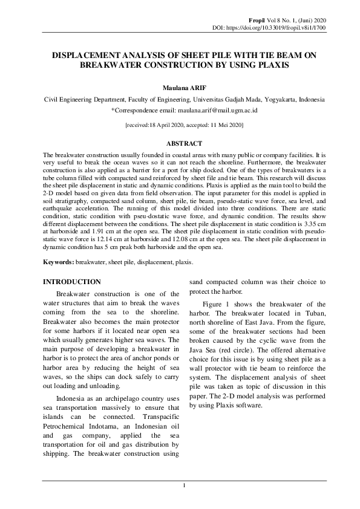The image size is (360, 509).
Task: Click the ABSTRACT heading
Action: point(184,143)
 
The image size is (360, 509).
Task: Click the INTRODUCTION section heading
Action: point(70,282)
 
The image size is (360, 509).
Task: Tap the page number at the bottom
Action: point(184,485)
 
